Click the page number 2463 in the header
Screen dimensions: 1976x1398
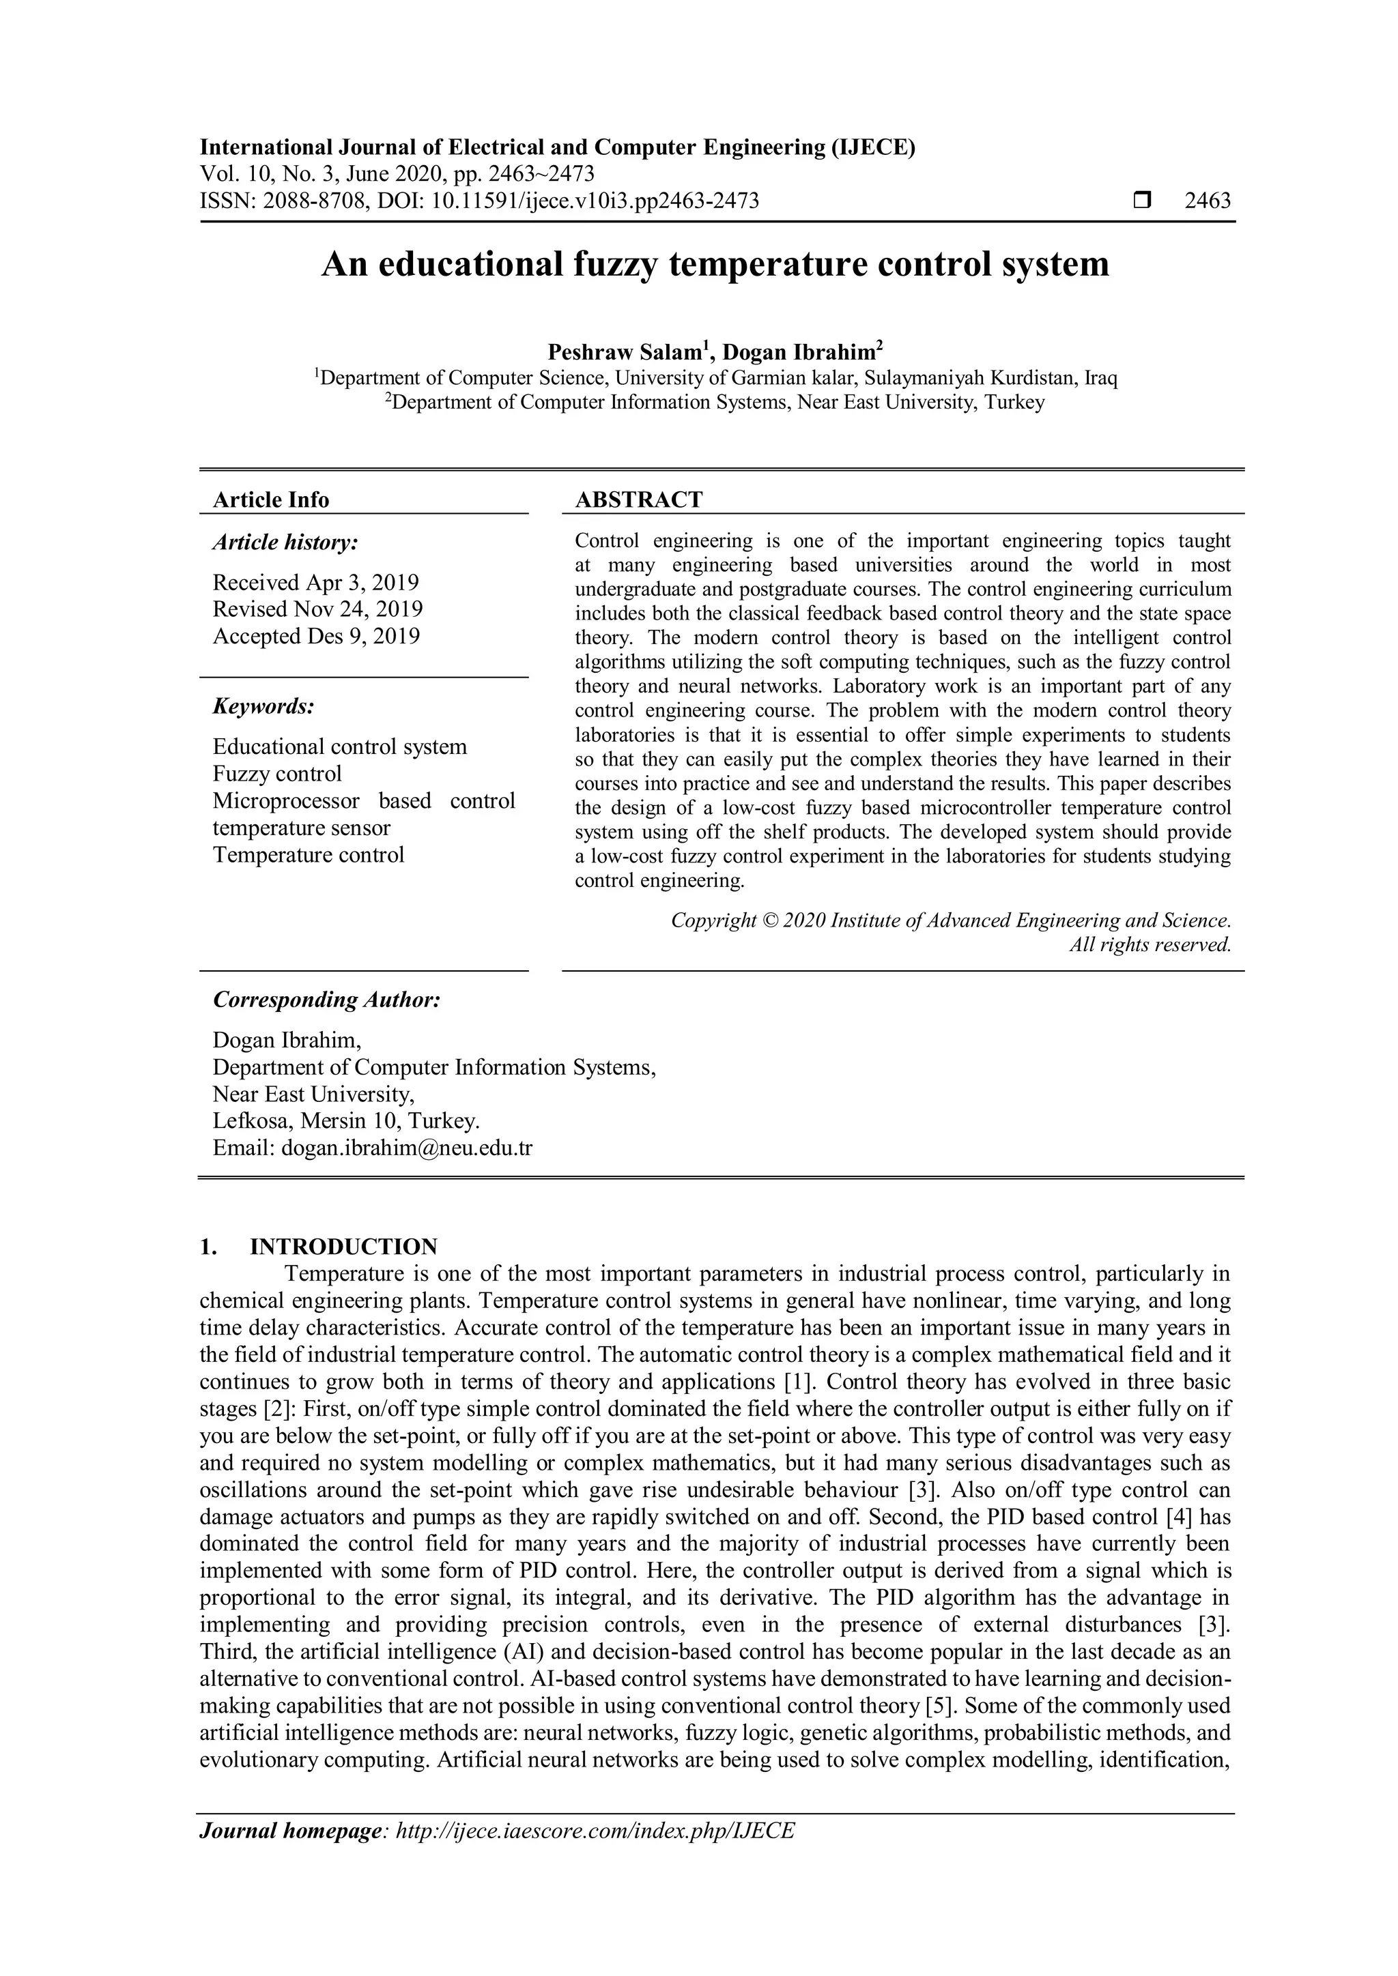1207,201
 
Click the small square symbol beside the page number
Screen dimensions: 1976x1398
1141,201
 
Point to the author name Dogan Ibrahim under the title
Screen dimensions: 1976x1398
799,352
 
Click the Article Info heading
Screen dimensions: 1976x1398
271,500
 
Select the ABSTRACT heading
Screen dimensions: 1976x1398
639,500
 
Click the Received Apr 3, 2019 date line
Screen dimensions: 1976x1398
316,583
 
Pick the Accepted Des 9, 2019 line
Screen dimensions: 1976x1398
317,636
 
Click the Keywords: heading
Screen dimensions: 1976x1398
263,707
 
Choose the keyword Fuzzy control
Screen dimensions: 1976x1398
277,774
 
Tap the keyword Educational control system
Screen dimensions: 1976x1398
340,746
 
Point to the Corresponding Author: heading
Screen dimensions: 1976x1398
327,1000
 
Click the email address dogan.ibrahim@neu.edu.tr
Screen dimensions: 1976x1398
407,1148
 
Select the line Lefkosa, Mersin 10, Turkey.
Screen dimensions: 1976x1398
346,1122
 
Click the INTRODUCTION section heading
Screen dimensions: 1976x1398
343,1247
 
